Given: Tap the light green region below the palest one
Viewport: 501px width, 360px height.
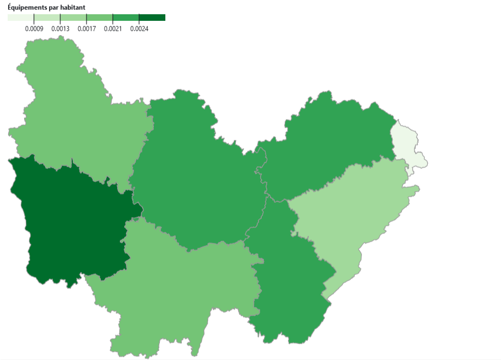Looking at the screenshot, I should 350,219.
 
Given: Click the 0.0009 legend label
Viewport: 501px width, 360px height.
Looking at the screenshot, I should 34,29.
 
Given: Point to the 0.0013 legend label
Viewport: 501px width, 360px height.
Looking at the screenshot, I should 60,29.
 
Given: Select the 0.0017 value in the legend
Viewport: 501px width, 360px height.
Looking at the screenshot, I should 87,29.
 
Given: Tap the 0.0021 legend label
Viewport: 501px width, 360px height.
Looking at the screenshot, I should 113,29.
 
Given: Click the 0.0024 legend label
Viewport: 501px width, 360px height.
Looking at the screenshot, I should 139,29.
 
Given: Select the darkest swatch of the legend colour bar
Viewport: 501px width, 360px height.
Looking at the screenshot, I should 152,18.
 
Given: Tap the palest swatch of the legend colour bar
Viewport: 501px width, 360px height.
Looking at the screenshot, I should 21,18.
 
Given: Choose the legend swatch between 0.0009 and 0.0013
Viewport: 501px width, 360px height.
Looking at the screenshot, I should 47,18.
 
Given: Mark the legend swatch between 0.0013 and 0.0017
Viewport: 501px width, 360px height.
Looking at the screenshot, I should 73,18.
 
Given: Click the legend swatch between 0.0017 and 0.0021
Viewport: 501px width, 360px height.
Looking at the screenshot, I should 100,18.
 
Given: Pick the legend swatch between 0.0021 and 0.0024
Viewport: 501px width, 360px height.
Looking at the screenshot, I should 126,18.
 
